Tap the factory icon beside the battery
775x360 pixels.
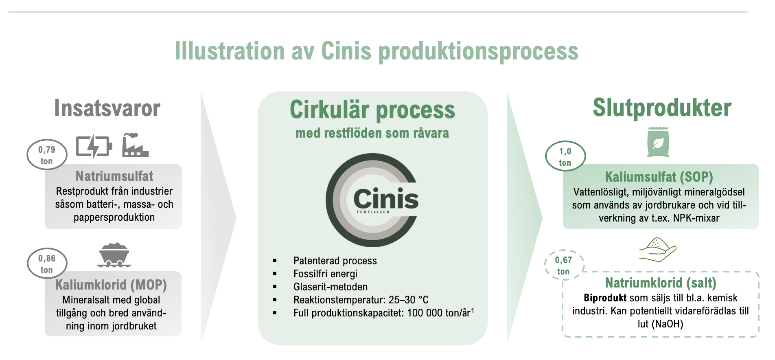(136, 145)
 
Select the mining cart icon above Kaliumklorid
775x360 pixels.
(114, 255)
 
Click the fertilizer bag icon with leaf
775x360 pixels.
(658, 142)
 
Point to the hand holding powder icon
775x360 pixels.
(657, 250)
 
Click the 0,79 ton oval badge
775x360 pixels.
(47, 155)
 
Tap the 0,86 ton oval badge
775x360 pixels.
(47, 263)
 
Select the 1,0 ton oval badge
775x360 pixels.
(565, 156)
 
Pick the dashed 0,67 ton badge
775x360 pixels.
(564, 265)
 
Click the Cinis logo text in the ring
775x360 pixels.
(386, 199)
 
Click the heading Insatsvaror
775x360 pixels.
(107, 108)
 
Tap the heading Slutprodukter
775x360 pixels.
(662, 108)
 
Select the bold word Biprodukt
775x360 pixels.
(605, 298)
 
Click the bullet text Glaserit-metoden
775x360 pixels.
(331, 287)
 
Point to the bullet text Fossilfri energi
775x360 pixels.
(325, 274)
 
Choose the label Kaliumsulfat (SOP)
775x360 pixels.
(659, 177)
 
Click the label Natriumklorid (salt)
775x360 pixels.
(661, 283)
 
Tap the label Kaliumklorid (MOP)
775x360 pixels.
(111, 285)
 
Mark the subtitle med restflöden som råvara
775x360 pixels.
(372, 133)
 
